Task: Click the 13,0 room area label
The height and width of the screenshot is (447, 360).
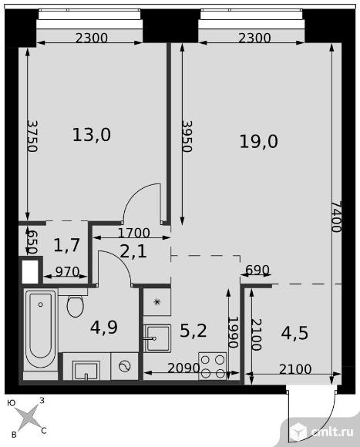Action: tap(92, 135)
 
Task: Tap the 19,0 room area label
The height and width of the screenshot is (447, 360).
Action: tap(258, 141)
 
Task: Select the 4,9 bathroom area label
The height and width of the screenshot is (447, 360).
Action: tap(104, 327)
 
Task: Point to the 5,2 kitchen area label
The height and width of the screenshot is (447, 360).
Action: tap(193, 331)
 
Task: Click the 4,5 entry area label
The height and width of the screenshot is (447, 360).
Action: tap(294, 333)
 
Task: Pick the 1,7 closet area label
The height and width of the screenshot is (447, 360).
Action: tap(67, 245)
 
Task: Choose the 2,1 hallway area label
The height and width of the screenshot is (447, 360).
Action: tap(133, 251)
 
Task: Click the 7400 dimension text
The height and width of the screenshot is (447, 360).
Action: tap(337, 217)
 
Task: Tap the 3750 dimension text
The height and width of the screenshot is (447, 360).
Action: tap(32, 136)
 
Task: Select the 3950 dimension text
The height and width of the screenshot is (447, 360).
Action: tap(187, 136)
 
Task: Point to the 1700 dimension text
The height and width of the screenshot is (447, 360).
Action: tap(133, 233)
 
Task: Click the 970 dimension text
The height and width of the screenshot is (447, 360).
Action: tap(67, 272)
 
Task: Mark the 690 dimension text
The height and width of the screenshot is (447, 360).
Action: tap(257, 270)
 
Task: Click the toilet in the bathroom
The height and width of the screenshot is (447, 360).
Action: tap(75, 303)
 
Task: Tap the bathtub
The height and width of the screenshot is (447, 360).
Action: tap(41, 329)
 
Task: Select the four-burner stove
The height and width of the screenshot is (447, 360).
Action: tap(213, 366)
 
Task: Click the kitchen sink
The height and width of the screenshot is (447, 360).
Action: tap(157, 338)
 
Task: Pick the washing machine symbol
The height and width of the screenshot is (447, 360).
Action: tap(125, 366)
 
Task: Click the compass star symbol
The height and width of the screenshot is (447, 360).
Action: tap(27, 417)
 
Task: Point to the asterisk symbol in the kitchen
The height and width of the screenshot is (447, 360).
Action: tap(157, 302)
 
